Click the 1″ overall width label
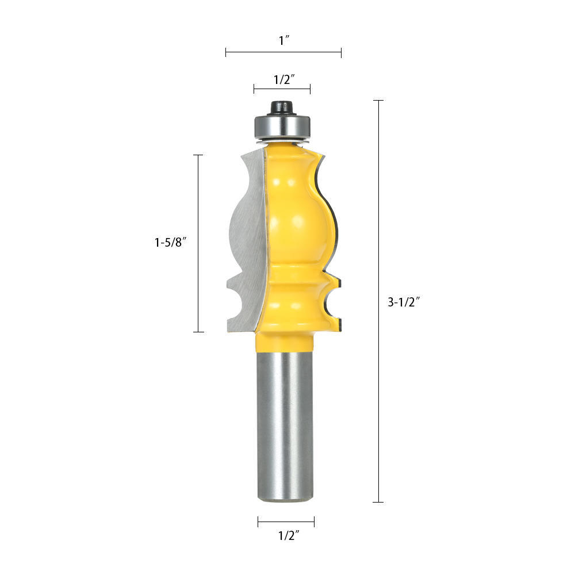283,40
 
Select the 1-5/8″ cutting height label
171,243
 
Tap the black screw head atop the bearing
282,107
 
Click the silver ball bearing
282,125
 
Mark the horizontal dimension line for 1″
283,53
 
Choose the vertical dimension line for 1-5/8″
199,243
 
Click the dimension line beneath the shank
286,522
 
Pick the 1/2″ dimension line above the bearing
282,89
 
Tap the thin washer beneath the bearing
282,140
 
